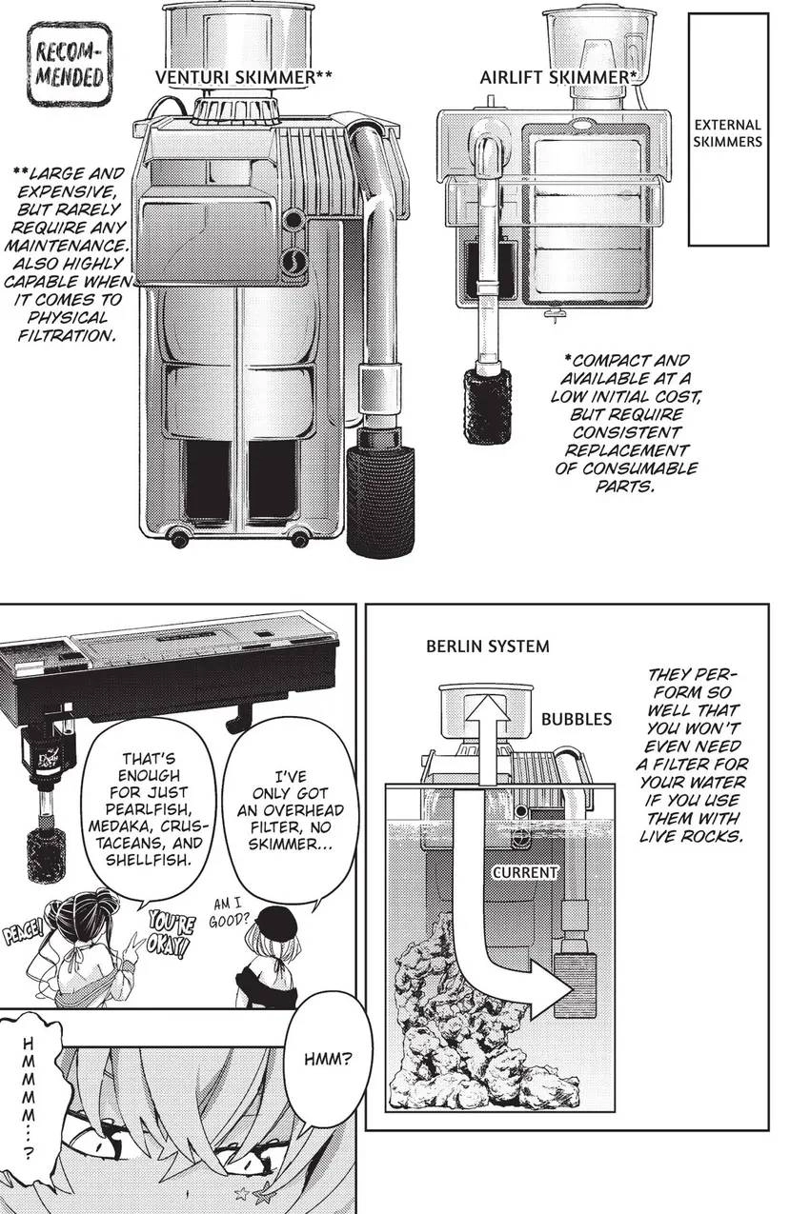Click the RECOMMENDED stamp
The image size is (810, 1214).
tap(69, 65)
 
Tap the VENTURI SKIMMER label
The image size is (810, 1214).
tap(243, 77)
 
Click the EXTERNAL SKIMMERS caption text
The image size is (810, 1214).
tap(728, 132)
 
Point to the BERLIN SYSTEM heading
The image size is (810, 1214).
tap(488, 646)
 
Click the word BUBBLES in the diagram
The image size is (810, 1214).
tap(577, 719)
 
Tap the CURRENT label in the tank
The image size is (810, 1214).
tap(525, 872)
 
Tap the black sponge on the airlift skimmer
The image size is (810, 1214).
tap(487, 399)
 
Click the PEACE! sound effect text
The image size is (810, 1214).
tap(22, 934)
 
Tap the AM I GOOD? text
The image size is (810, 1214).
tap(229, 912)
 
